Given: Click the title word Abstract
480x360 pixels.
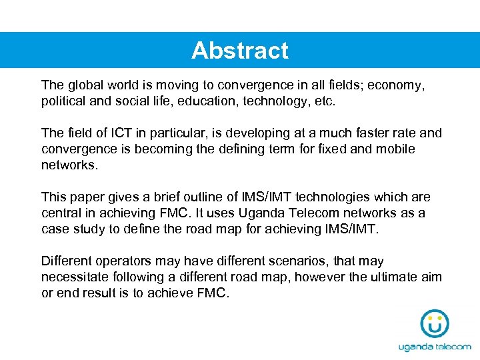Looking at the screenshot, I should point(240,51).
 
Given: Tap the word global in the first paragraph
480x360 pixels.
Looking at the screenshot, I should point(85,85).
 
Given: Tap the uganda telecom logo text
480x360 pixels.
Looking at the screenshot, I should point(435,347).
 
